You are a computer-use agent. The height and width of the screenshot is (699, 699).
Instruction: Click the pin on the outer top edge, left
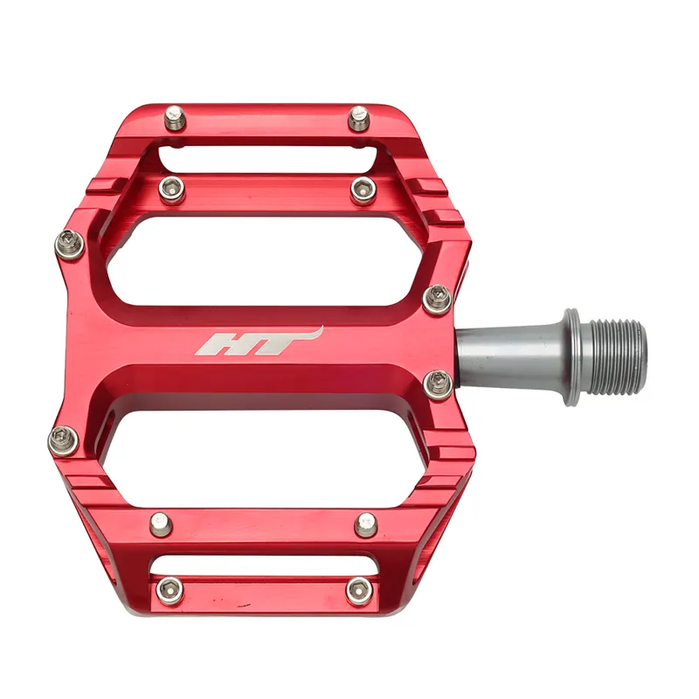176,116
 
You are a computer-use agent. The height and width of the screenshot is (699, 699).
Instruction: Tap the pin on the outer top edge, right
359,117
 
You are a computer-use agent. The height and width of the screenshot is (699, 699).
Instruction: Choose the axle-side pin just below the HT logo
438,382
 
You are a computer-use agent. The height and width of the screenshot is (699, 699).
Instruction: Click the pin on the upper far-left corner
67,244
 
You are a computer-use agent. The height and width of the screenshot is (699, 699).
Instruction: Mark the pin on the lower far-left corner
64,439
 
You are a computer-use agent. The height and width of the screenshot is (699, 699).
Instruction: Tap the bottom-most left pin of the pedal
165,590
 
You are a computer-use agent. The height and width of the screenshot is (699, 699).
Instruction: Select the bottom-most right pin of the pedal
358,590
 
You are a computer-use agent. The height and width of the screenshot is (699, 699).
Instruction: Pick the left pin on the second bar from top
172,187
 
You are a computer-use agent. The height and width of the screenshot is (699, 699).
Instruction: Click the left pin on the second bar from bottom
160,524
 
